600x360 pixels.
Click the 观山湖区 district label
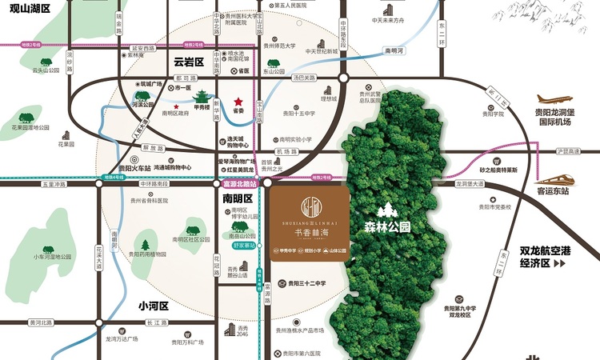click(x=25, y=9)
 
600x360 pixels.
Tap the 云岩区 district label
click(x=190, y=62)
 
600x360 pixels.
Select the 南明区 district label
click(x=238, y=198)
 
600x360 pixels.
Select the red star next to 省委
click(x=238, y=102)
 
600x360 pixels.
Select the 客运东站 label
click(x=553, y=192)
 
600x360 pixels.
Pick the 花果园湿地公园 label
click(x=32, y=128)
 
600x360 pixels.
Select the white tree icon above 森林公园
click(x=387, y=210)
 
